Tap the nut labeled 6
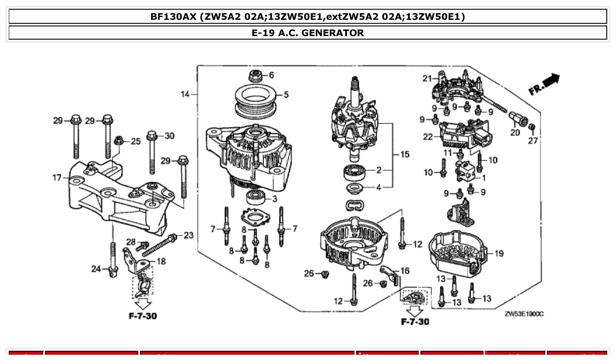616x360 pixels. click(x=255, y=76)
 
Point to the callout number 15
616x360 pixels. click(x=404, y=154)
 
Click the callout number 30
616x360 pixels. click(x=169, y=136)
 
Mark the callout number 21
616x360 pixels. click(x=427, y=79)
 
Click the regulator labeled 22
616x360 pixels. click(x=464, y=136)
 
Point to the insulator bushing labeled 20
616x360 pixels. click(x=515, y=119)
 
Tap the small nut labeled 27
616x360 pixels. click(x=531, y=128)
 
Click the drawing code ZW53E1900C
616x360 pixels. click(x=524, y=313)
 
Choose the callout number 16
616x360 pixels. click(x=404, y=271)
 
